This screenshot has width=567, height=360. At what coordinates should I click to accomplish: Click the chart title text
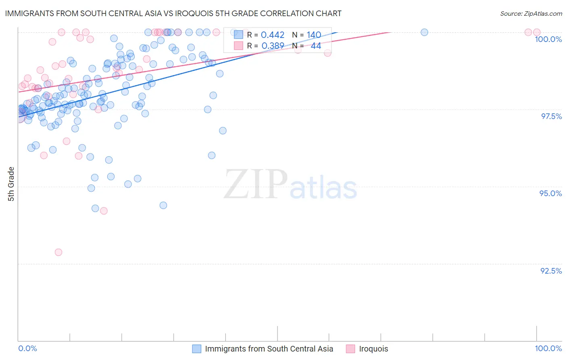point(173,14)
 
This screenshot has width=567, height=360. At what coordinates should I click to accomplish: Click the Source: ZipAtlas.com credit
point(531,14)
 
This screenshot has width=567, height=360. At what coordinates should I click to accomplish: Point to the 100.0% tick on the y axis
point(548,39)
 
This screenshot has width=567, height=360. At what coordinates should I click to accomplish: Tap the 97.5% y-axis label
point(551,116)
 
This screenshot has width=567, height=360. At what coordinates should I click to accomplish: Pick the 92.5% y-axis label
point(551,271)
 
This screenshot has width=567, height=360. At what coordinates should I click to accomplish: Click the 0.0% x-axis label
point(28,348)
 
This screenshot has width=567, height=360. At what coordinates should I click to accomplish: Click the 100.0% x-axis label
point(548,348)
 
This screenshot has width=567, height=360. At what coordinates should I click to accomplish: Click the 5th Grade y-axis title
point(11,184)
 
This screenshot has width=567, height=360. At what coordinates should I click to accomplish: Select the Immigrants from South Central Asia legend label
point(269,349)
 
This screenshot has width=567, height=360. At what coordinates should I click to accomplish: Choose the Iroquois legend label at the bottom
point(373,349)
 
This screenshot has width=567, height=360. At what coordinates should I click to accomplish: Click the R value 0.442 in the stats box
point(273,35)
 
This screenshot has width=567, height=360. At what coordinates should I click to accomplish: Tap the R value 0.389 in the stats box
point(273,46)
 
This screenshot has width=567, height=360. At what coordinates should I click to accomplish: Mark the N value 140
point(314,35)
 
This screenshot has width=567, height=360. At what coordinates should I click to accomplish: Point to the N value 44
point(316,46)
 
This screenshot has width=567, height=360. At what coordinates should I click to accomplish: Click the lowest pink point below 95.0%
point(58,252)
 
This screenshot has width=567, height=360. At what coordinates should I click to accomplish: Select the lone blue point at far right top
point(424,32)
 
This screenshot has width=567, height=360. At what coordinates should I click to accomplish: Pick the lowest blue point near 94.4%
point(163,205)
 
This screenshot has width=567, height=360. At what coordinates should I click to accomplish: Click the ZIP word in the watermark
point(256,185)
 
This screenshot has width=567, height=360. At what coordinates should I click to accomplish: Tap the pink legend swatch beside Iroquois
point(350,349)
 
